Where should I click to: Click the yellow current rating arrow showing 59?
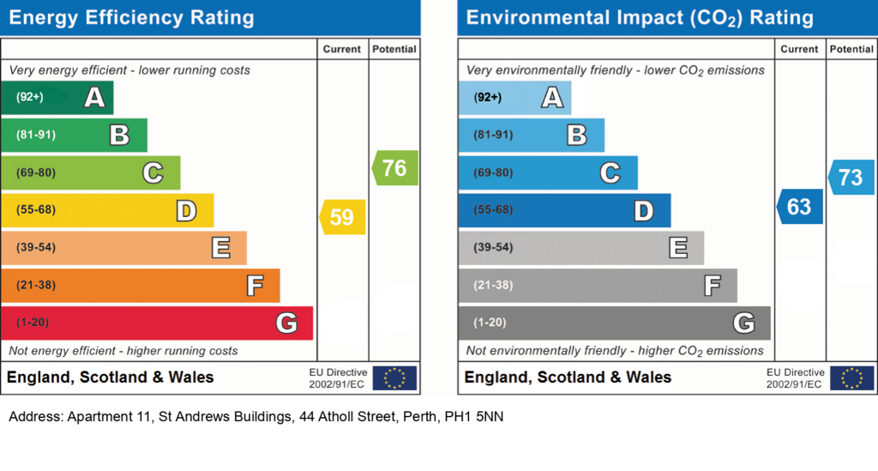tap(343, 217)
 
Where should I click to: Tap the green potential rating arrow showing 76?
tap(394, 167)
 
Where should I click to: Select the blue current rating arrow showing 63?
tap(800, 207)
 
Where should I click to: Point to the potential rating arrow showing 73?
tap(851, 177)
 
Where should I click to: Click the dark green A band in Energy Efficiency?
tap(57, 98)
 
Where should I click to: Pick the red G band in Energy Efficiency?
tap(157, 323)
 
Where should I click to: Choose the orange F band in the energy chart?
tap(141, 285)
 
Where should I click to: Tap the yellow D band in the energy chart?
tap(107, 210)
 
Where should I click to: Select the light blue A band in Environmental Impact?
tap(514, 98)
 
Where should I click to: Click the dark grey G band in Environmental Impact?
tap(614, 323)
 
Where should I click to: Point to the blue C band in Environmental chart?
tap(548, 172)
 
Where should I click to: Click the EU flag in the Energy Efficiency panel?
tap(394, 378)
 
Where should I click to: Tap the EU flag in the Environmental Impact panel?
tap(851, 378)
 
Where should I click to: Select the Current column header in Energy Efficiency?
tap(341, 49)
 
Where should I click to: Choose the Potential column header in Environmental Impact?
tap(851, 49)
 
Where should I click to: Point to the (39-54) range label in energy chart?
tap(36, 247)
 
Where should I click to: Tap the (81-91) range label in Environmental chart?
tap(493, 135)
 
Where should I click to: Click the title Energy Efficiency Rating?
tap(131, 17)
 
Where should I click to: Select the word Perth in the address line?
tap(421, 417)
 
